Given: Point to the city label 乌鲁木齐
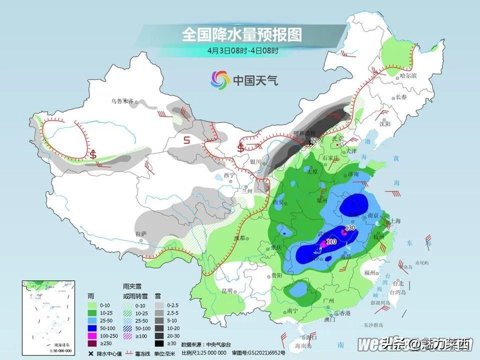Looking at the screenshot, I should [122, 101].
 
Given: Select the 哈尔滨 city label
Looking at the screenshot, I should [408, 75].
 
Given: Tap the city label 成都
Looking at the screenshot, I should [239, 238].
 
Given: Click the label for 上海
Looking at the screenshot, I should [397, 221].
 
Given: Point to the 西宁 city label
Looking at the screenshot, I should [229, 175].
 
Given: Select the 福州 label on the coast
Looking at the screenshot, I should [370, 272].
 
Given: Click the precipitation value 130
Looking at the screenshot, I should [350, 228].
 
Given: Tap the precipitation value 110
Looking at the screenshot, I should [330, 241].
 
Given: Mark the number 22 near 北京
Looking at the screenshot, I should [314, 141].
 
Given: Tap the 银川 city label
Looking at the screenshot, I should [255, 161].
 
